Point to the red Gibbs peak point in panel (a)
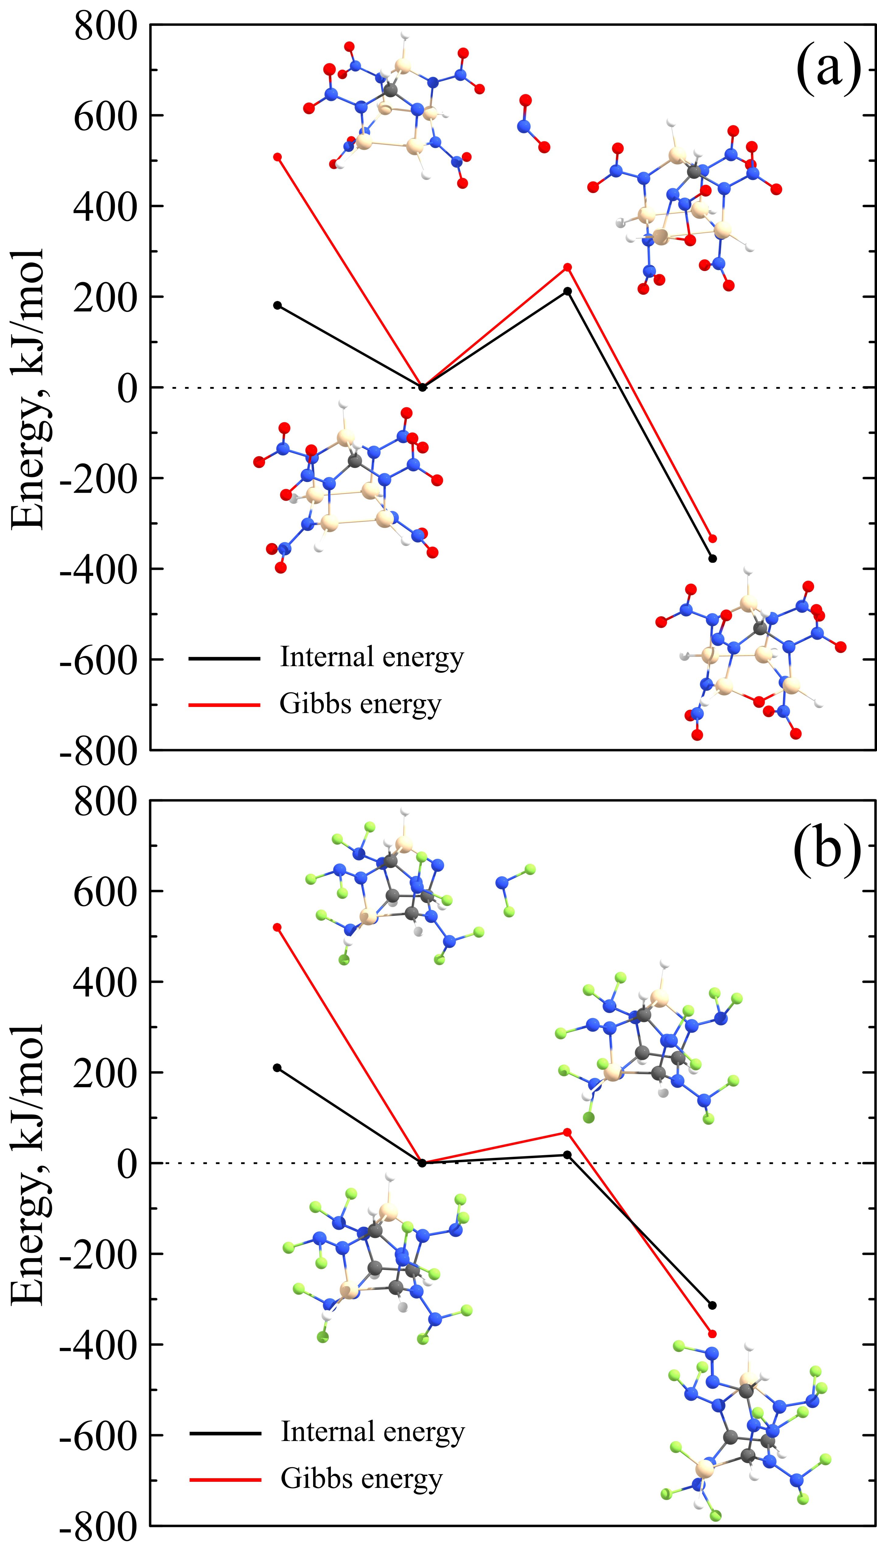click(x=568, y=267)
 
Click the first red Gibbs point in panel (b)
click(x=278, y=927)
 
